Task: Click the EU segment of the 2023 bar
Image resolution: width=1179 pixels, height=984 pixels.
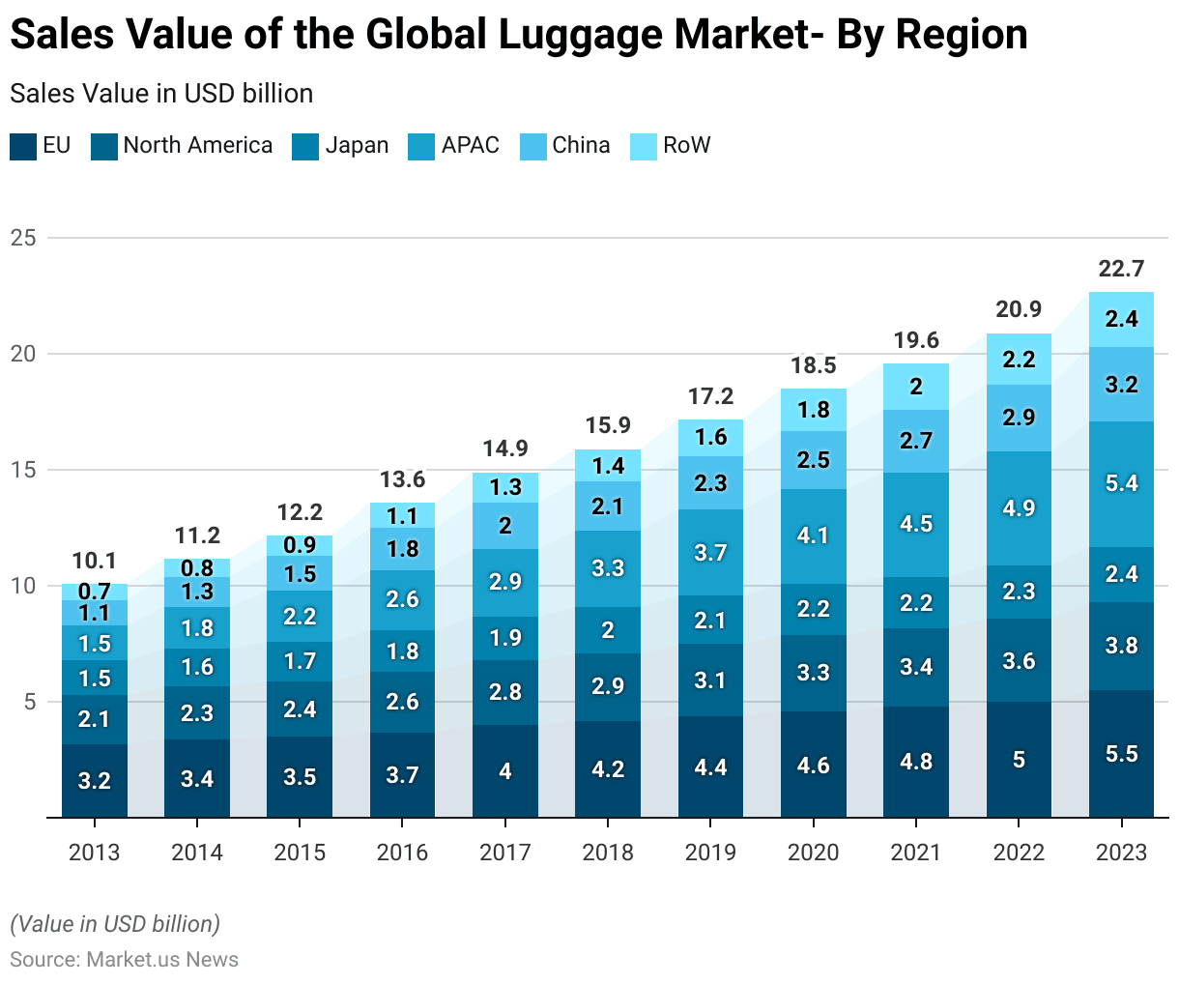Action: tap(1121, 754)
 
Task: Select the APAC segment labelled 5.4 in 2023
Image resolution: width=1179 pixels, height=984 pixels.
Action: tap(1121, 481)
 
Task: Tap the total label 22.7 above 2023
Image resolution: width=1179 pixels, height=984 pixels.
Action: tap(1121, 269)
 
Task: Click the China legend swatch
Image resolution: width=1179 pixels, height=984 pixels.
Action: tap(533, 146)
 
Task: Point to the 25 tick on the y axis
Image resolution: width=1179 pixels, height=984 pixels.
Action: tap(23, 238)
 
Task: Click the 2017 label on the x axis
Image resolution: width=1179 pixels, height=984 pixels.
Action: tap(505, 853)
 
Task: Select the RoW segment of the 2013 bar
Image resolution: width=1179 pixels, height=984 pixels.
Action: tap(95, 592)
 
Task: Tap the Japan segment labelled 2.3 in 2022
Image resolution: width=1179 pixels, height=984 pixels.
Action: tap(1019, 592)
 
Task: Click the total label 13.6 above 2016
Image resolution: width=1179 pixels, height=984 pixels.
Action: tap(402, 479)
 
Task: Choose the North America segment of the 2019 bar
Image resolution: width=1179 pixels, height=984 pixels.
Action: tap(710, 680)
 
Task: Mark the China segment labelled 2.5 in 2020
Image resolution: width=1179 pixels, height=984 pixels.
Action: tap(814, 460)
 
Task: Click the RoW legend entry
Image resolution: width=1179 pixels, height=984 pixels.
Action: tap(686, 146)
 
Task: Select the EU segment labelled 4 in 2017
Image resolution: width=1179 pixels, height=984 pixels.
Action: tap(505, 771)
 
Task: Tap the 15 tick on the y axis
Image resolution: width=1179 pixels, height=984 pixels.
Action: tap(23, 470)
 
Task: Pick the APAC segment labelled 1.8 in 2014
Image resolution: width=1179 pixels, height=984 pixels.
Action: tap(197, 628)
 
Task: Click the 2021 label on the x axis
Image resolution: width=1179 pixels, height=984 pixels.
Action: tap(915, 853)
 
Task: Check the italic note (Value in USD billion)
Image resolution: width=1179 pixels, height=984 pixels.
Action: tap(115, 924)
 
